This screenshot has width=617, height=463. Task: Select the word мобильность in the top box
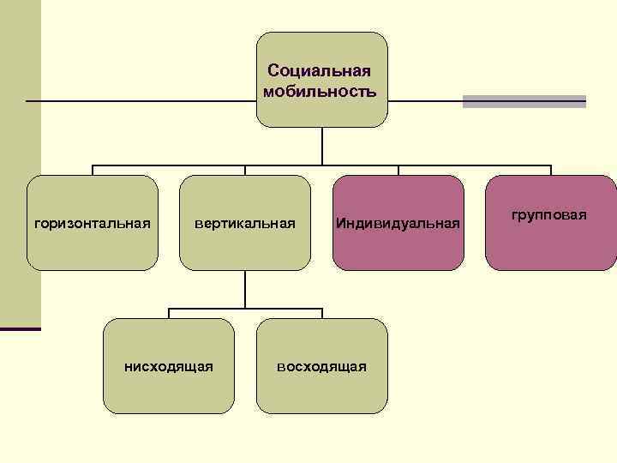point(320,90)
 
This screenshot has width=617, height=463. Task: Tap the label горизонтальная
point(92,223)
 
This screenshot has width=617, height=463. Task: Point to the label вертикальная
point(244,223)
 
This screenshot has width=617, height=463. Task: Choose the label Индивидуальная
point(398,223)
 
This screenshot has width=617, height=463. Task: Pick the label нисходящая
point(169,367)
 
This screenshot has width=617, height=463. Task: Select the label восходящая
point(321,367)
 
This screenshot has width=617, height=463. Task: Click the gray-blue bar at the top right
point(524,101)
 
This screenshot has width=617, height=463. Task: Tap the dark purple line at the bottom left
point(21,328)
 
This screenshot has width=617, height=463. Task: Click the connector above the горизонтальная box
point(93,170)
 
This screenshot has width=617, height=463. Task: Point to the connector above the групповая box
point(551,170)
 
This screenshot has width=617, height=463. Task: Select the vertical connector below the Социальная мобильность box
point(321,146)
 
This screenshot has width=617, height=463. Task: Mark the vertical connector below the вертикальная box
point(245,289)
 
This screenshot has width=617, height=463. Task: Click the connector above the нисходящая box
point(169,313)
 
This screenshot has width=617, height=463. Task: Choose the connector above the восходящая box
point(322,313)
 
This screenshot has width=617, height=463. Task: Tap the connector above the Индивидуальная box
point(398,170)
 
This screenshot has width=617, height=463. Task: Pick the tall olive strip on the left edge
point(20,163)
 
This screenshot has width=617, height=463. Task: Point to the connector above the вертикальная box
point(245,170)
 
